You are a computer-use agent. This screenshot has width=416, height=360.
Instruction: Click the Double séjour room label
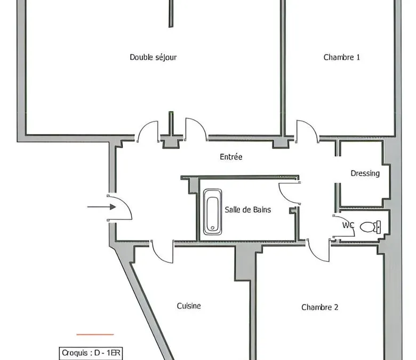[x=153, y=57]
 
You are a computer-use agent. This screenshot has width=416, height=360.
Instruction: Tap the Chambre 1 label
[x=342, y=57]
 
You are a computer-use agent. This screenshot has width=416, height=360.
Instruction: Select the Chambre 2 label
[x=319, y=307]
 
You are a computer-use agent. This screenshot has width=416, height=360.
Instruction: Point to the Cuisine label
[x=189, y=306]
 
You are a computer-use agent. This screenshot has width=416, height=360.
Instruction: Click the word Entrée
[x=231, y=157]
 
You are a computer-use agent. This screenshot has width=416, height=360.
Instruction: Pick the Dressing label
[x=365, y=173]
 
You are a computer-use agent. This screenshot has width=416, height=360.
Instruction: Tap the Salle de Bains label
[x=248, y=210]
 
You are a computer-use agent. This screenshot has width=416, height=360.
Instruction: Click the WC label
[x=348, y=225]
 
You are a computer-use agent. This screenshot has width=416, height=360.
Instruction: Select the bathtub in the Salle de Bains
[x=212, y=212]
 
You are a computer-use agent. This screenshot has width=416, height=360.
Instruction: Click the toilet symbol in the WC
[x=370, y=227]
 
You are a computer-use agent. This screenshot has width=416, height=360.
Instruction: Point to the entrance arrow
[x=102, y=207]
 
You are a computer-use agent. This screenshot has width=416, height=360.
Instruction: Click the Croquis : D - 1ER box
[x=91, y=353]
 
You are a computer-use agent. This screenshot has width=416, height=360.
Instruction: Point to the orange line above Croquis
[x=95, y=334]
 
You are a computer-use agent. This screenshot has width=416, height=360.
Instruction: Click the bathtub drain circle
[x=212, y=228]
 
